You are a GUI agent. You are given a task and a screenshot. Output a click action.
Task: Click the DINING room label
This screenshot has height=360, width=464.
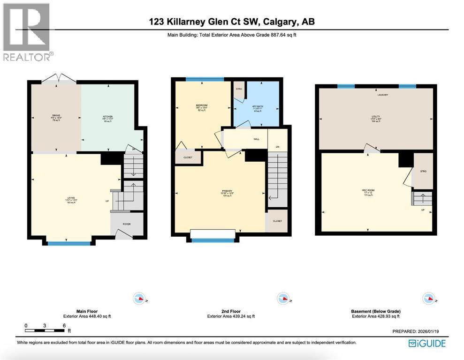tap(56, 116)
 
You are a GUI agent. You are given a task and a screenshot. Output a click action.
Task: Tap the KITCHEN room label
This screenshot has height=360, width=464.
tap(108, 116)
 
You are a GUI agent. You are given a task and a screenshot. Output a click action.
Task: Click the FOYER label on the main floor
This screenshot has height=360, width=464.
tap(127, 224)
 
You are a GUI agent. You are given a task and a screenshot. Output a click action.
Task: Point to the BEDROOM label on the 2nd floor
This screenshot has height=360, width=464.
tap(202, 105)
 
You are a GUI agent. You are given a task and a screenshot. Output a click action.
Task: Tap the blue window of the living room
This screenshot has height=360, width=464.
tap(69, 243)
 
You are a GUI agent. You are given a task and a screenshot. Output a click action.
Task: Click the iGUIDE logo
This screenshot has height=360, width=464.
tap(427, 344)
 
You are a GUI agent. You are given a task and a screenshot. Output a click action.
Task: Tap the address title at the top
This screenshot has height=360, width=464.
tap(231, 22)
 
